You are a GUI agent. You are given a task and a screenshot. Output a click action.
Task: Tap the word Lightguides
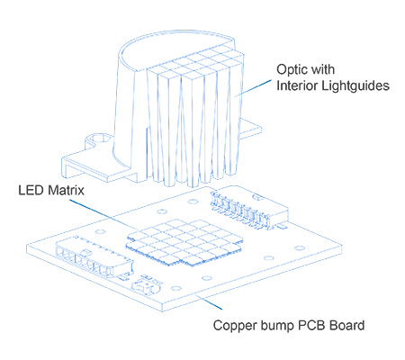pyautogui.click(x=355, y=86)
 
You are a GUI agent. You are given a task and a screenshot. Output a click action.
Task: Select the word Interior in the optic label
pyautogui.click(x=297, y=85)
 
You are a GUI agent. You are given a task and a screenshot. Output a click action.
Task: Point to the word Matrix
pyautogui.click(x=67, y=190)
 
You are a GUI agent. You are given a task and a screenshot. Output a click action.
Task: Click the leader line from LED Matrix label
pyautogui.click(x=104, y=215)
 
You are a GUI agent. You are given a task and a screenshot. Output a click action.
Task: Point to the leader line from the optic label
pyautogui.click(x=253, y=88)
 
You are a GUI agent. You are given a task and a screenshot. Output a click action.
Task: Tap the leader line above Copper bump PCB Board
pyautogui.click(x=209, y=302)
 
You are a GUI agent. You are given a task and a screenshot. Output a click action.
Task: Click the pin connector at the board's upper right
pyautogui.click(x=249, y=209)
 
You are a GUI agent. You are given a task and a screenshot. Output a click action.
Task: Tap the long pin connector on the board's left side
pyautogui.click(x=94, y=256)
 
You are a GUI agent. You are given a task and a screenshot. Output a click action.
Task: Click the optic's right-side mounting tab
pyautogui.click(x=250, y=129)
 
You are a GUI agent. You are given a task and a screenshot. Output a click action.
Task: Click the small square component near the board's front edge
pyautogui.click(x=147, y=286)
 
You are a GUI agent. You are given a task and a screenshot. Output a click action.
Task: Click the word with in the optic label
pyautogui.click(x=323, y=69)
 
